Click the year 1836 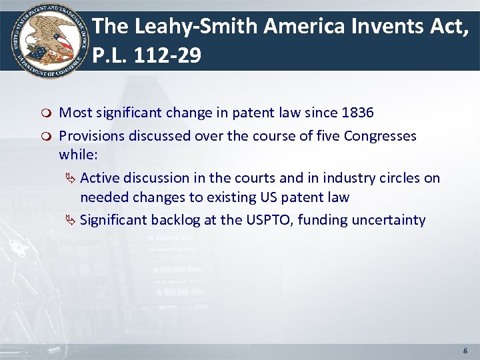point(357,113)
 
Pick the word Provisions point(91,136)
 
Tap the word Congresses point(380,136)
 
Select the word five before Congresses point(327,136)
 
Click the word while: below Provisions point(78,155)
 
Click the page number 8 point(465,350)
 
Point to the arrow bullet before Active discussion point(72,178)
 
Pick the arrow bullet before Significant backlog point(72,221)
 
